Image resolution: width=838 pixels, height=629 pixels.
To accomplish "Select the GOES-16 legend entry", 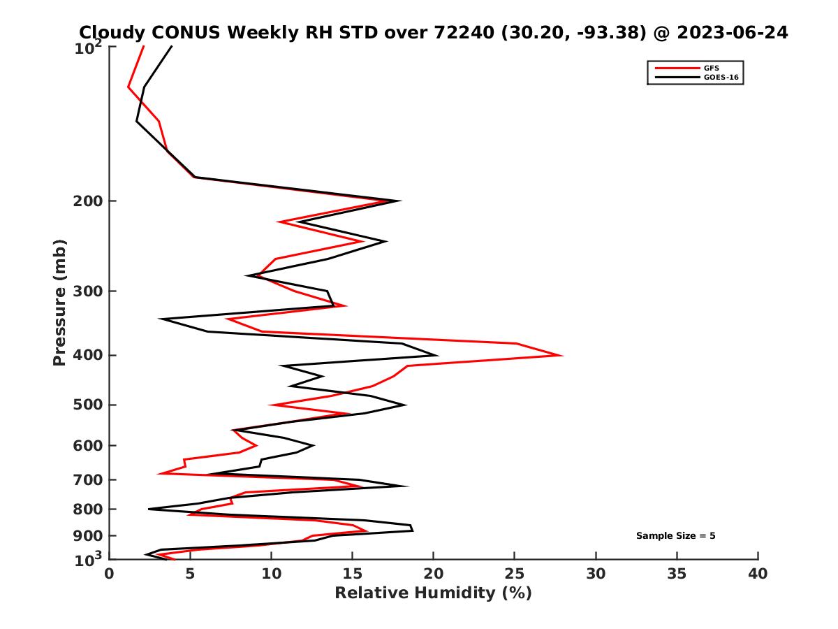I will click(x=719, y=78).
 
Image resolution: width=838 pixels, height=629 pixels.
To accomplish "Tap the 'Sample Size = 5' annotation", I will click(x=675, y=536).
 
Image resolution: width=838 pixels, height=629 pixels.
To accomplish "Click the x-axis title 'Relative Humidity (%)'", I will click(x=433, y=593).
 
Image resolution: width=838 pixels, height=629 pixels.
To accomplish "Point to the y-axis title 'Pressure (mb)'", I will click(x=59, y=302).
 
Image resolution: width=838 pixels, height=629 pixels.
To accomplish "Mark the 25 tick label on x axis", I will click(x=515, y=574).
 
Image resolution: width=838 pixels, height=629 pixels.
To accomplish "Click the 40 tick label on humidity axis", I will click(x=758, y=574).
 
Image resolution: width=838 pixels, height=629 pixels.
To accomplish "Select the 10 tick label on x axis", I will click(x=271, y=574).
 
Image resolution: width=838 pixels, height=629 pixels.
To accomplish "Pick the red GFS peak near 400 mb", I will click(x=561, y=355).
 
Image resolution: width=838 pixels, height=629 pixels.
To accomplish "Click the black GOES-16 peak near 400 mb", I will click(x=437, y=355).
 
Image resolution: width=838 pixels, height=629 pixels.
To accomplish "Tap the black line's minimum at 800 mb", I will click(x=149, y=509).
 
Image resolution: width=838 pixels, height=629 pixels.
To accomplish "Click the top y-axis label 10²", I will click(x=90, y=47).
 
